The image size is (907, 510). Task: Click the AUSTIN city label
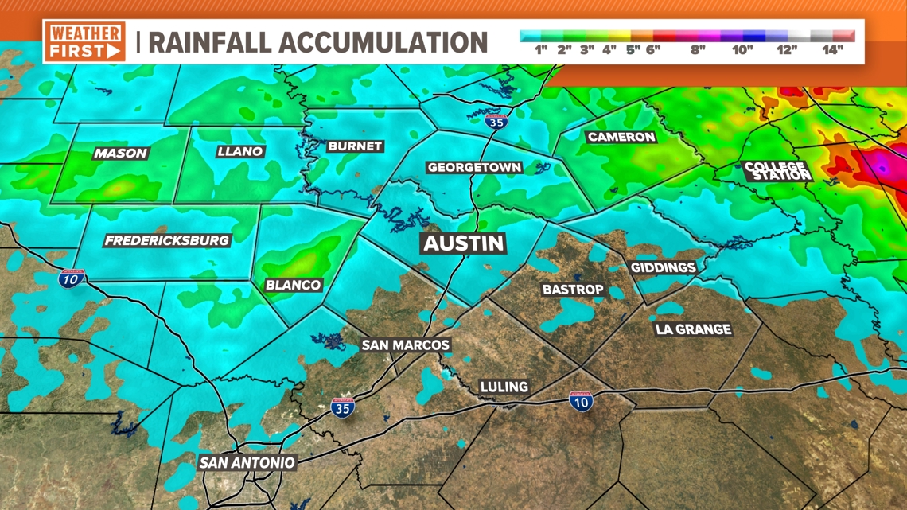[464, 243]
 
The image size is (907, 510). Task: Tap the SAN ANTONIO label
[247, 462]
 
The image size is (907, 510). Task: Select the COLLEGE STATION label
[775, 170]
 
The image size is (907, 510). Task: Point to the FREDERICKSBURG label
[167, 240]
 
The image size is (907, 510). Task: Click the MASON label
[121, 153]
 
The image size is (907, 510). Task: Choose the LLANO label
[239, 151]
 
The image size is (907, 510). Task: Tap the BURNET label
[355, 146]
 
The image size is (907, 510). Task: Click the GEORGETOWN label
[474, 168]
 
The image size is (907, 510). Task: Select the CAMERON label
[621, 137]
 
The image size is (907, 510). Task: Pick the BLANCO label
[293, 285]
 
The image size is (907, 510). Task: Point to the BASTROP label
[573, 290]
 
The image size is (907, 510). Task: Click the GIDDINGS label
[663, 267]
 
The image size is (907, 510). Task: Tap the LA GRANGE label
[693, 329]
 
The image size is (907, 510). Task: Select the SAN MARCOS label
[406, 345]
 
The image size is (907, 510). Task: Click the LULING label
[504, 387]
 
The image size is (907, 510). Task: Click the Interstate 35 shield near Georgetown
[496, 122]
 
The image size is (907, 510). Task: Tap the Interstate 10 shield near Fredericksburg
[72, 278]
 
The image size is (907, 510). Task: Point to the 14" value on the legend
[832, 50]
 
